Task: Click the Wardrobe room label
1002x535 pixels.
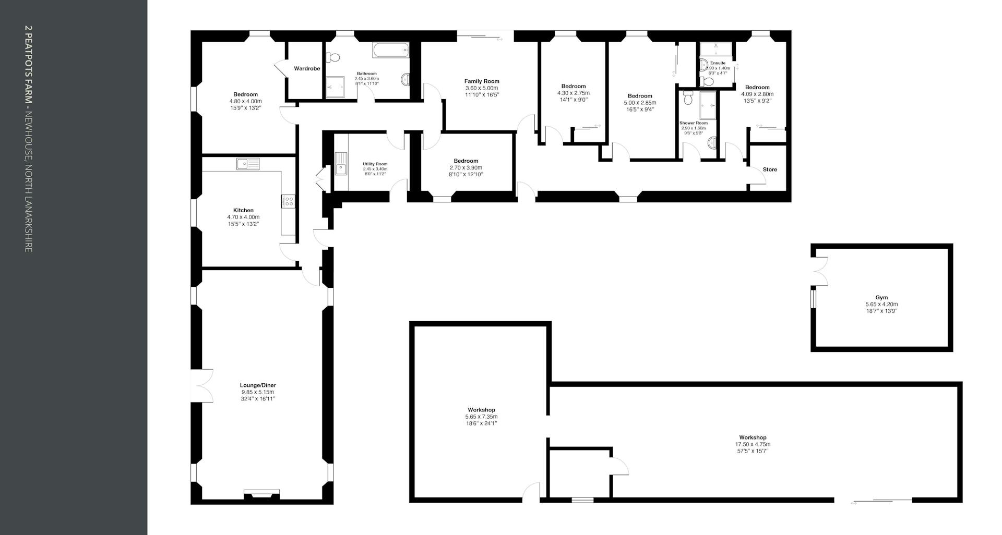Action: pyautogui.click(x=307, y=69)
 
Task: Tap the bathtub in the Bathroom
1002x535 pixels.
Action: pyautogui.click(x=390, y=51)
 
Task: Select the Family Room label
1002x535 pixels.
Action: pyautogui.click(x=482, y=81)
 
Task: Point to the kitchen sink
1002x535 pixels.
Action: pyautogui.click(x=248, y=164)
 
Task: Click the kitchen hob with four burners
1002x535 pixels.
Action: pyautogui.click(x=289, y=201)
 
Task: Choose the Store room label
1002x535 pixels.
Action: pyautogui.click(x=770, y=169)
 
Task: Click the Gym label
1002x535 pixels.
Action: pyautogui.click(x=881, y=298)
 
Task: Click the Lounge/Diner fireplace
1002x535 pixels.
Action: pyautogui.click(x=261, y=493)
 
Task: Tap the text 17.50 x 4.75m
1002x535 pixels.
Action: pyautogui.click(x=753, y=444)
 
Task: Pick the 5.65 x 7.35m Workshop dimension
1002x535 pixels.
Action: pyautogui.click(x=481, y=417)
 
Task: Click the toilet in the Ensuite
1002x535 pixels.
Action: pyautogui.click(x=706, y=81)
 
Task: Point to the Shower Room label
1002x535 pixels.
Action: pyautogui.click(x=694, y=123)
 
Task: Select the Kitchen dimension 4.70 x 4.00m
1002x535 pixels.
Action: pyautogui.click(x=243, y=217)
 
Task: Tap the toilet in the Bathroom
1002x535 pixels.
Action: pyautogui.click(x=333, y=57)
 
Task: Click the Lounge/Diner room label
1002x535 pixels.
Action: pyautogui.click(x=257, y=385)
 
